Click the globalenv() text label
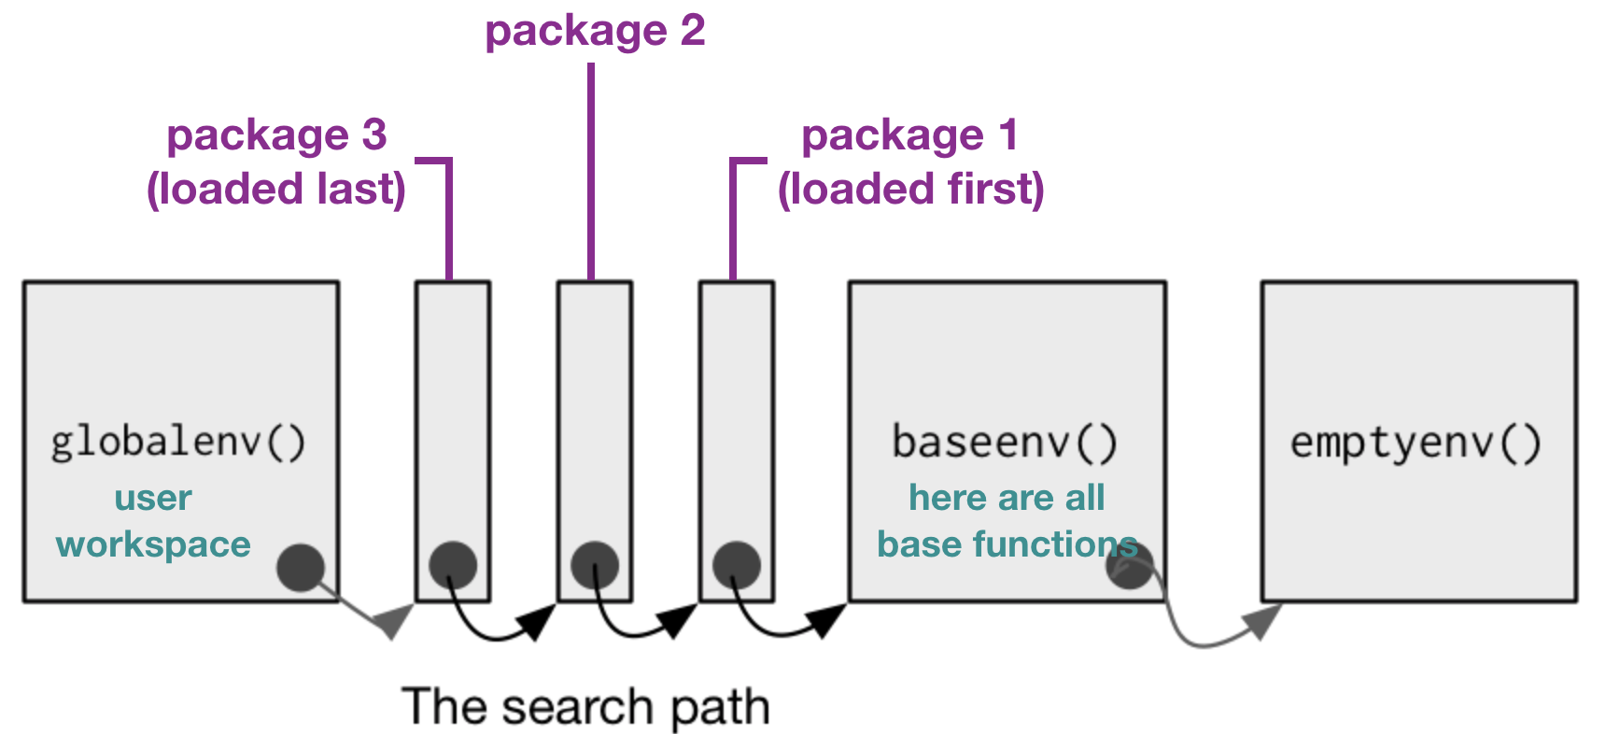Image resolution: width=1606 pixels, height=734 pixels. (178, 442)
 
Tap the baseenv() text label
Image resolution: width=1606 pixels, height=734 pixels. (1005, 442)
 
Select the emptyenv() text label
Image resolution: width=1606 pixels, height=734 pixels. (1416, 442)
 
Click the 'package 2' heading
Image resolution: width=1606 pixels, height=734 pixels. (595, 31)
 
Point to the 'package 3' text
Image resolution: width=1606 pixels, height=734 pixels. (276, 135)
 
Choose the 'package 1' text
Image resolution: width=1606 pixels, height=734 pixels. (910, 135)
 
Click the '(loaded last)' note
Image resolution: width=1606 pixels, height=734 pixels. (276, 189)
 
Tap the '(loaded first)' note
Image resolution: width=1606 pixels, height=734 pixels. (910, 189)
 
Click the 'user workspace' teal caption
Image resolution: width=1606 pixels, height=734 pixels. (153, 521)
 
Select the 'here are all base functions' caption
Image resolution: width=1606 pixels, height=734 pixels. (1007, 521)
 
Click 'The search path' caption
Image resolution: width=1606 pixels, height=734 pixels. (585, 707)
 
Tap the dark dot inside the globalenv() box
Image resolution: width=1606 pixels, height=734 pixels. (301, 567)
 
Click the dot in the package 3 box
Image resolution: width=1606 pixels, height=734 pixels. (453, 565)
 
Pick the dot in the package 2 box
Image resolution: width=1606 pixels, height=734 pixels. (595, 565)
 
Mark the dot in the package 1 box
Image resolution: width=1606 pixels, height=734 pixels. (737, 565)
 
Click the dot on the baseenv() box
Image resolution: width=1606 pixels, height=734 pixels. (1130, 566)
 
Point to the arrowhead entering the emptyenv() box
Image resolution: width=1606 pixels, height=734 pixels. (1264, 620)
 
